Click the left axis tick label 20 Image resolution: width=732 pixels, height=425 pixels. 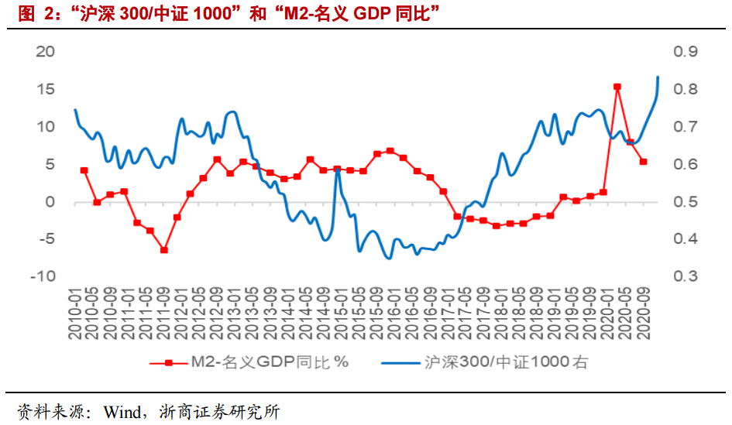tap(46, 52)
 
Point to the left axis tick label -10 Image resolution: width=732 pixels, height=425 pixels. tap(42, 276)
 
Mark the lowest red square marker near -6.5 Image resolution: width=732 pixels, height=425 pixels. tap(164, 250)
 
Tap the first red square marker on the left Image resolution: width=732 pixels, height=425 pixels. tap(84, 170)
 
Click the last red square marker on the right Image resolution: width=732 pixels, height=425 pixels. tap(643, 162)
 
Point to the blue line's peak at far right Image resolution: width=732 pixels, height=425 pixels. tap(658, 77)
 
